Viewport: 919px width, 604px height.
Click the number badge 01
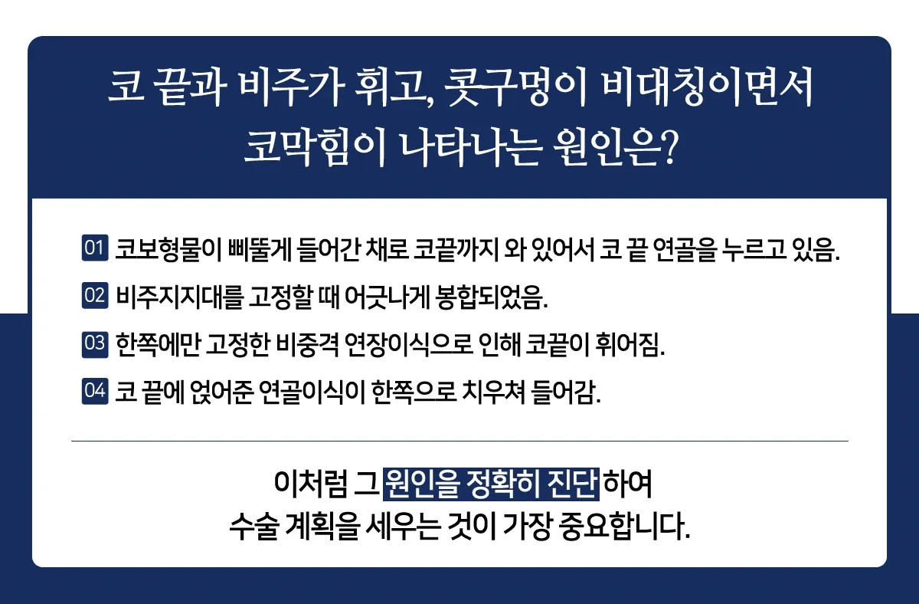[95, 248]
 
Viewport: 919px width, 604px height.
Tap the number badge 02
[95, 295]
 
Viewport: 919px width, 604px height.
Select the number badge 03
[95, 344]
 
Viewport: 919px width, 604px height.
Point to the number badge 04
[95, 391]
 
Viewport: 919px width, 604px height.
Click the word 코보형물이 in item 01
[168, 249]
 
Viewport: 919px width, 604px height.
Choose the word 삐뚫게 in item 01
[257, 249]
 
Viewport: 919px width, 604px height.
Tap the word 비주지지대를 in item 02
[180, 297]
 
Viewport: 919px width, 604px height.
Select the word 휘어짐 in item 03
[630, 344]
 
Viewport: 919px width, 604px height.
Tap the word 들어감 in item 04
[566, 392]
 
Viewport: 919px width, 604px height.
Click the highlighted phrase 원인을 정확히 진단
[491, 484]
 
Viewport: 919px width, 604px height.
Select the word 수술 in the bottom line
[254, 526]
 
